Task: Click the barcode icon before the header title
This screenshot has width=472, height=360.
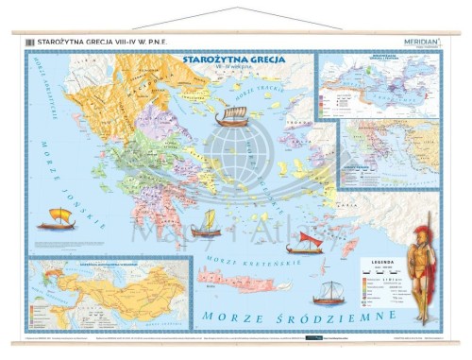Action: [x=30, y=41]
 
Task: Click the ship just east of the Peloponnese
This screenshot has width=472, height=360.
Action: [x=206, y=224]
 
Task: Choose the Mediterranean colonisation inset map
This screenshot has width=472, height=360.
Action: [x=379, y=85]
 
